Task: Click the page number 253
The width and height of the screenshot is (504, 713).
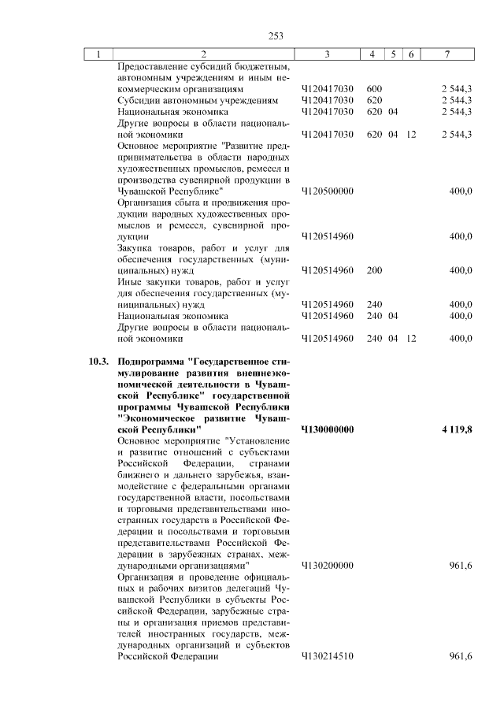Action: click(x=276, y=35)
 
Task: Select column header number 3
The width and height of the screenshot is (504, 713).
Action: click(x=326, y=54)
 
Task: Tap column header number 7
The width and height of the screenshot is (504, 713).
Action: click(x=447, y=54)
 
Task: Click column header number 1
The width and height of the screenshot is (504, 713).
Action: click(x=98, y=54)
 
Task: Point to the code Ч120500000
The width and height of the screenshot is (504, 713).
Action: click(x=327, y=191)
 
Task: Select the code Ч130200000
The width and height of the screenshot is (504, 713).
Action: click(x=327, y=566)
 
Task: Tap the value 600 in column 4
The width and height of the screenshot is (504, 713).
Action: click(x=374, y=89)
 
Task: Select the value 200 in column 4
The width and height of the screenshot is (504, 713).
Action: click(x=374, y=270)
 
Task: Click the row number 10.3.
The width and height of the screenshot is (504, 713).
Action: click(x=98, y=362)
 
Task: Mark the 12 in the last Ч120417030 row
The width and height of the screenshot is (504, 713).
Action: click(x=411, y=135)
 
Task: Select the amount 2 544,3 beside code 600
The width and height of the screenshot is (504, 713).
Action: click(x=456, y=89)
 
